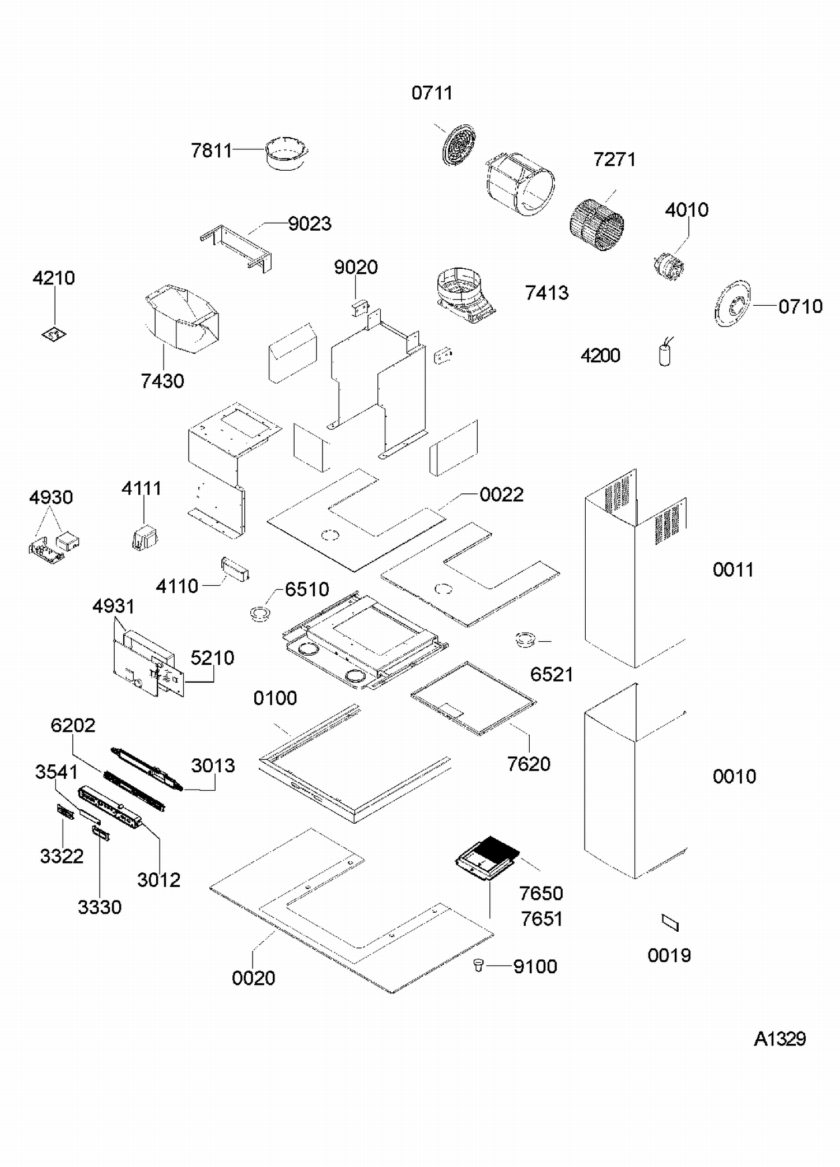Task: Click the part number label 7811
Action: (x=212, y=151)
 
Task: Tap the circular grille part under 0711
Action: (x=459, y=145)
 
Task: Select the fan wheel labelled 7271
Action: (x=597, y=225)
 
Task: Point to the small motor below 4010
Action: (x=668, y=266)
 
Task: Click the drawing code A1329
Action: (x=780, y=1039)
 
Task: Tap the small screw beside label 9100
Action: (x=478, y=964)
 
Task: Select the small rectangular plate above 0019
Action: (x=670, y=922)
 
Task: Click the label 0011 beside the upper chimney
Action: (x=733, y=570)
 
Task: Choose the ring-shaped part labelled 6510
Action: (x=259, y=613)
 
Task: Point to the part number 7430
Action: (x=162, y=381)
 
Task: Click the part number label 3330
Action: (x=100, y=907)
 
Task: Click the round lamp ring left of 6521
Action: (x=525, y=639)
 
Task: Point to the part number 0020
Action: (x=254, y=978)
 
